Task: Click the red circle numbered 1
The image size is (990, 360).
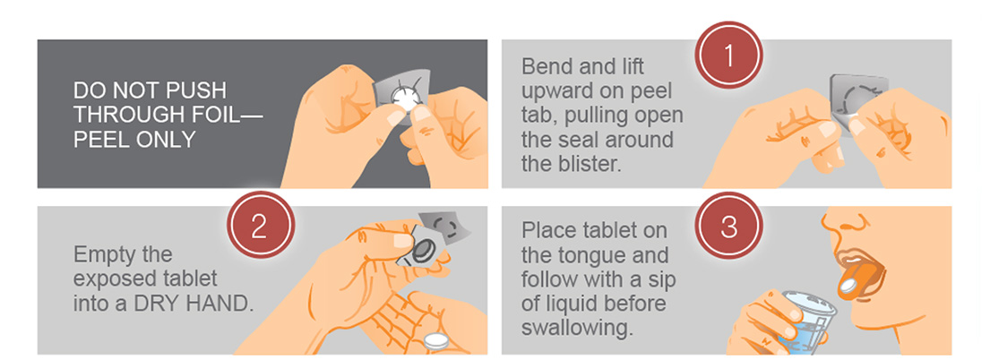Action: pyautogui.click(x=728, y=56)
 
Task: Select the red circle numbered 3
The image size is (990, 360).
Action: pyautogui.click(x=728, y=227)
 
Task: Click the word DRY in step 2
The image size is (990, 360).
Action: pyautogui.click(x=157, y=304)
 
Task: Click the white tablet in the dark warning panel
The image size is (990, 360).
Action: pyautogui.click(x=402, y=98)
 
